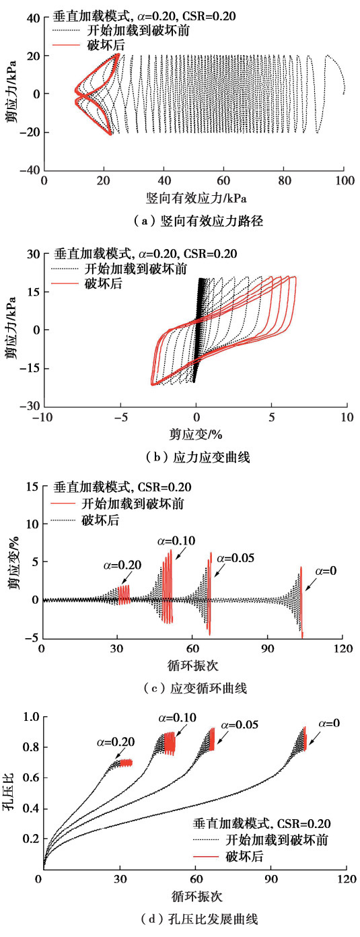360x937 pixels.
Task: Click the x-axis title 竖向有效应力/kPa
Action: (194, 199)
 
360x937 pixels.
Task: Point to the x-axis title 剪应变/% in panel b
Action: (195, 435)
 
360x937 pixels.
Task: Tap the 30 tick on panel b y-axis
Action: (31, 254)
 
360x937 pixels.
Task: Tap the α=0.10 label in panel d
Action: (176, 718)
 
